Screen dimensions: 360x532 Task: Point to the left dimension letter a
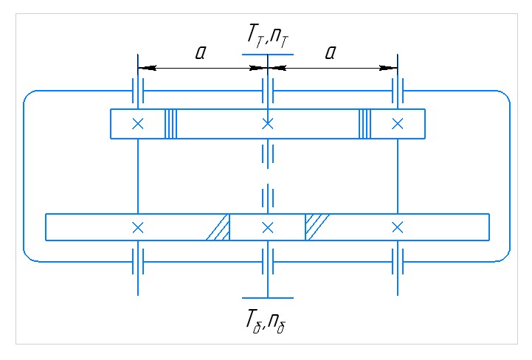tap(200, 52)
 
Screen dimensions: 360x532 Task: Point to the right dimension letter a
tap(330, 52)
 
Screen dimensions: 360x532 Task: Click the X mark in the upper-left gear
tap(137, 124)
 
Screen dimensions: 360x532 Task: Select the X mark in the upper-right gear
tap(398, 124)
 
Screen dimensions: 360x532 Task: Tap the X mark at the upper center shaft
tap(268, 124)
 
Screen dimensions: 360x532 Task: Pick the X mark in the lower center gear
tap(268, 226)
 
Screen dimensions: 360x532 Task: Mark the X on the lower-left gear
tap(137, 226)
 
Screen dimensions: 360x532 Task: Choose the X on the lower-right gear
tap(398, 226)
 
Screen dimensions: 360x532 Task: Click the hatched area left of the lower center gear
tap(219, 228)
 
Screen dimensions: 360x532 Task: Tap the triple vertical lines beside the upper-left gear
tap(171, 124)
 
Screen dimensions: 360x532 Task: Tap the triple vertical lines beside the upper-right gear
tap(365, 124)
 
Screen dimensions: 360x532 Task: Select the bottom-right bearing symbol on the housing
tap(398, 260)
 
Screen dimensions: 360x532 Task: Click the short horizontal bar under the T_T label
tap(268, 55)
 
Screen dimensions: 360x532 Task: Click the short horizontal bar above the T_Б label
tap(268, 298)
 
